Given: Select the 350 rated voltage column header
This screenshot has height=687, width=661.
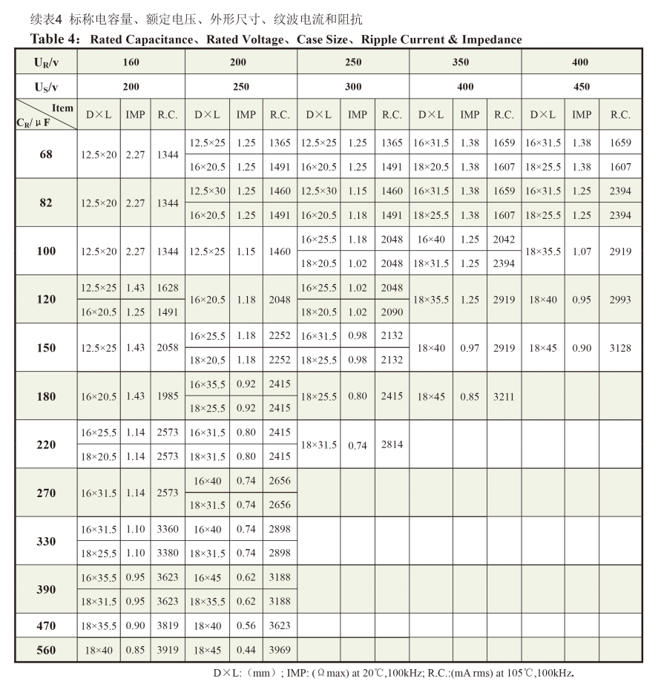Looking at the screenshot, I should [464, 62].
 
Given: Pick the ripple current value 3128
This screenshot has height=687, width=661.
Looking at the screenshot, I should [620, 348].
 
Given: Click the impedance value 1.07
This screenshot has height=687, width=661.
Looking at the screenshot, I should [581, 252].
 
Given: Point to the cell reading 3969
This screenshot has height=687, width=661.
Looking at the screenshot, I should [280, 651].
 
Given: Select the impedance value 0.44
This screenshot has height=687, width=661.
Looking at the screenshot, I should [246, 651].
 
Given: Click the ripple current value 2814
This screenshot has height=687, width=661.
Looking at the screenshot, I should [391, 444].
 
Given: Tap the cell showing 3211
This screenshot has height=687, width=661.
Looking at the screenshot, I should [504, 396].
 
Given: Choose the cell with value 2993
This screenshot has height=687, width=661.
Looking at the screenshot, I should [620, 300].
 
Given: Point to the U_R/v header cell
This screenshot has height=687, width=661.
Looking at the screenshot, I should [45, 62].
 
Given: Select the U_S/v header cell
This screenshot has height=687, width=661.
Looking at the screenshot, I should [45, 87].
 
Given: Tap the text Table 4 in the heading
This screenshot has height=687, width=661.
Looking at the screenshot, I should [55, 39].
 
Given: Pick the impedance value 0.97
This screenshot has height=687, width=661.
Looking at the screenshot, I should [469, 348].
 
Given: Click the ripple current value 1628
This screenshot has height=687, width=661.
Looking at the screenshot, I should [167, 287].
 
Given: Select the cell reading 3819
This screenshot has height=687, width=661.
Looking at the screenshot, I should [167, 625].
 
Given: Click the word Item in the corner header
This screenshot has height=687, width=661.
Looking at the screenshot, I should [63, 108].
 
